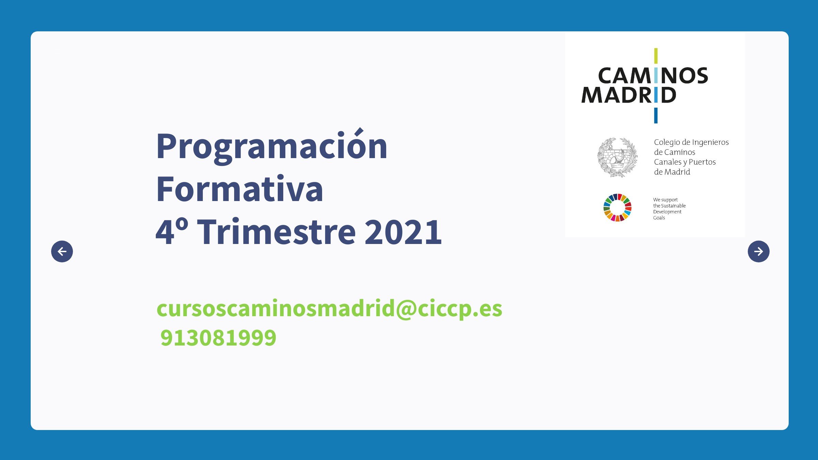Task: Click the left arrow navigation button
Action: (x=62, y=251)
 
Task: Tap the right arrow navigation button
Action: (x=758, y=251)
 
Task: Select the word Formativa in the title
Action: (x=239, y=189)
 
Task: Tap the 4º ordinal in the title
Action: (x=172, y=232)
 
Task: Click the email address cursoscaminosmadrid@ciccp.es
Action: (x=329, y=309)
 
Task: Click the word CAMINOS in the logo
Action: (x=653, y=76)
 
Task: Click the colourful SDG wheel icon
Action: (x=617, y=208)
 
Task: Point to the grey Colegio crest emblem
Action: (x=617, y=157)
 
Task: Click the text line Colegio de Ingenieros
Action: (x=691, y=142)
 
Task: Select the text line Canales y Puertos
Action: (x=685, y=162)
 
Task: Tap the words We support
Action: (x=665, y=200)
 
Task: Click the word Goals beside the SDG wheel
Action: (x=659, y=218)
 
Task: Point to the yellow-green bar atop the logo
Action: (x=656, y=56)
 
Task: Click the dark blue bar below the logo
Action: (x=656, y=116)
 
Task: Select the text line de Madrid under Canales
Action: (x=672, y=172)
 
